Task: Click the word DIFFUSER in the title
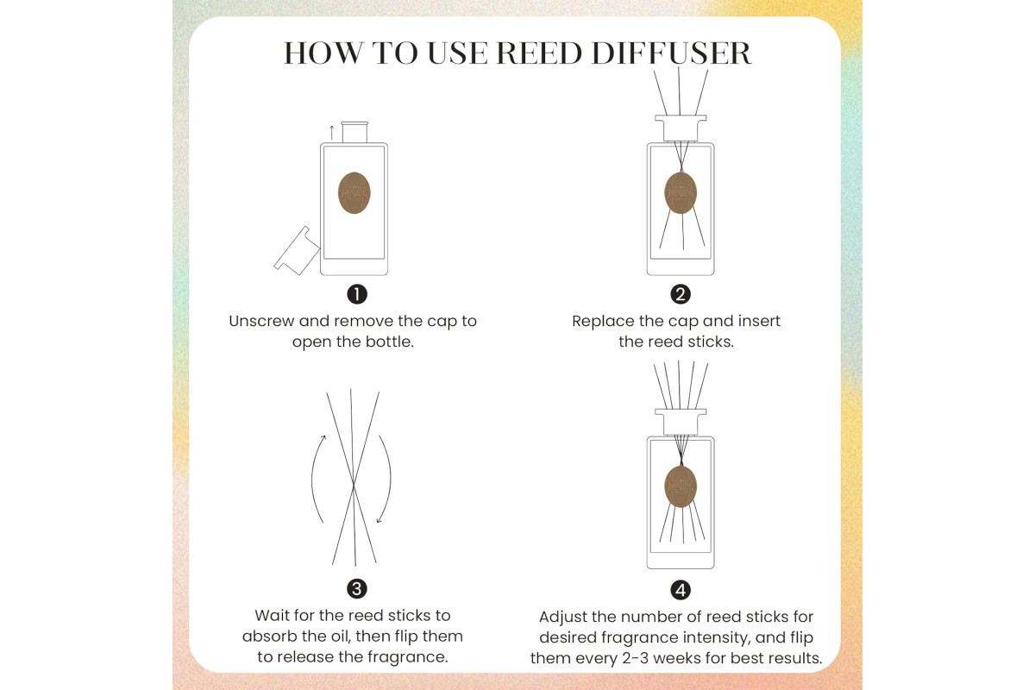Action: (x=671, y=53)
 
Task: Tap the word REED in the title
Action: (x=539, y=53)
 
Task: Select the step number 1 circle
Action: (x=357, y=294)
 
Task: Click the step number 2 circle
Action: (x=681, y=294)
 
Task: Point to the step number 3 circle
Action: (x=357, y=589)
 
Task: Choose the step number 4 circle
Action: (x=681, y=590)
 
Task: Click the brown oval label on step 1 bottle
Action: (x=354, y=192)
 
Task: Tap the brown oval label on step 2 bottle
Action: (x=681, y=192)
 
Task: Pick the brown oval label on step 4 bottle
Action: (x=681, y=486)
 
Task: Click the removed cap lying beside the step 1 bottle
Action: (x=297, y=251)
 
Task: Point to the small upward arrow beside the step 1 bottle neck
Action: (x=331, y=132)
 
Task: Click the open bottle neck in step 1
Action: (x=354, y=132)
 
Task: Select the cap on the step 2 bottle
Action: (x=681, y=128)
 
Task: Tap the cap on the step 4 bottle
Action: (x=681, y=422)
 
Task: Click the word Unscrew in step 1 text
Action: (x=261, y=321)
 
